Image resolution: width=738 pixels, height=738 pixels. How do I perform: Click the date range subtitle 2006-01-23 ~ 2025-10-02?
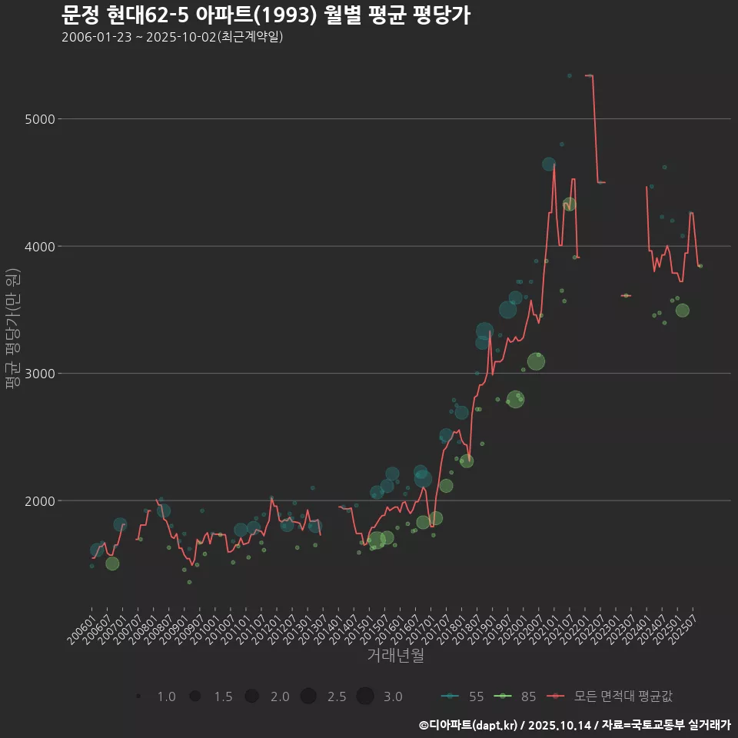[172, 37]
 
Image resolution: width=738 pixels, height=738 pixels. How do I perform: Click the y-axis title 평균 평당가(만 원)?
[12, 331]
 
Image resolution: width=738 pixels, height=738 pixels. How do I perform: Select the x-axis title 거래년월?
[395, 656]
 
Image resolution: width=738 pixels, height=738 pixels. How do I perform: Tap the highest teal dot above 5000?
[569, 75]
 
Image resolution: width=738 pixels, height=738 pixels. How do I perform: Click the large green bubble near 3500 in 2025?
[682, 311]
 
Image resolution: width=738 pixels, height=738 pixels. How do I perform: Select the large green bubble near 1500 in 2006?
[112, 563]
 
